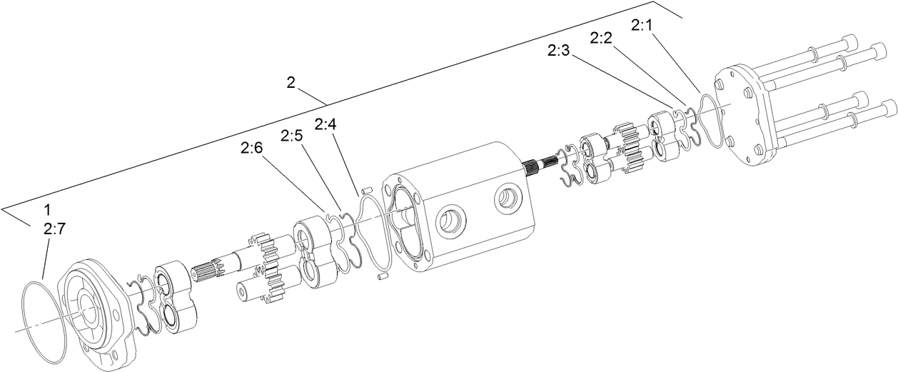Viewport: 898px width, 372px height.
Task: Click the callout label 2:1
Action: point(642,26)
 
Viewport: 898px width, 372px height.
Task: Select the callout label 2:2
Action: point(601,38)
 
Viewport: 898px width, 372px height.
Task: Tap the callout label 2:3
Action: point(559,51)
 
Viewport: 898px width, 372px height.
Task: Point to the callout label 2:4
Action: point(325,124)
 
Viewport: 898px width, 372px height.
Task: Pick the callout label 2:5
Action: point(292,136)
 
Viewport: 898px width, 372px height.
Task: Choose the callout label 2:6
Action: point(251,148)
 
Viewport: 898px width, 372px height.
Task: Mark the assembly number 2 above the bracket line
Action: point(291,83)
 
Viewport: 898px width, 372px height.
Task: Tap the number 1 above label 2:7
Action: point(47,211)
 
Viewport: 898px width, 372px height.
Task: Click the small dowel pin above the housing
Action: point(368,191)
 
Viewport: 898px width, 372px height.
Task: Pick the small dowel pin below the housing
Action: point(381,274)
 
